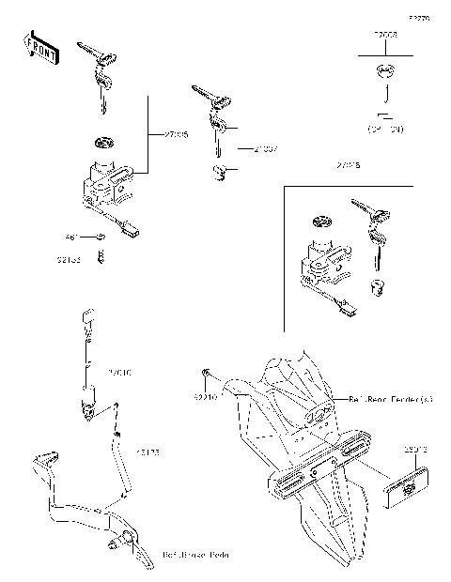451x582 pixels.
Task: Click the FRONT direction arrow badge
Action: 39,49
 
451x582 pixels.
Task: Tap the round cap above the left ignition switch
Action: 102,144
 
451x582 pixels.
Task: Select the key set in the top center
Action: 211,106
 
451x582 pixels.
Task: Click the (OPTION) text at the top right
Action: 385,128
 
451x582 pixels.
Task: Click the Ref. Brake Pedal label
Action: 196,554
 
